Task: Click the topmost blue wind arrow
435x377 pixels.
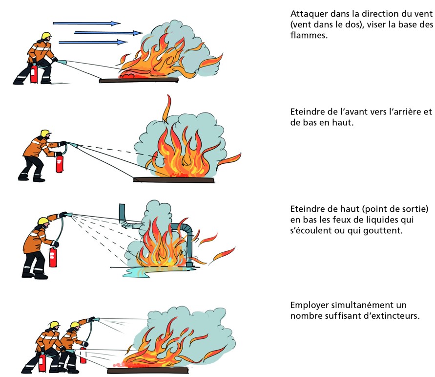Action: [x=86, y=23]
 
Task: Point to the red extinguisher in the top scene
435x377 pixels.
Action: [x=34, y=74]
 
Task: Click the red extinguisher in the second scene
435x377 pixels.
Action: [x=60, y=163]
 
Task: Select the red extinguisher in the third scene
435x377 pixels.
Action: [x=53, y=257]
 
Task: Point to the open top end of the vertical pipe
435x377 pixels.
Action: [x=122, y=206]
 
